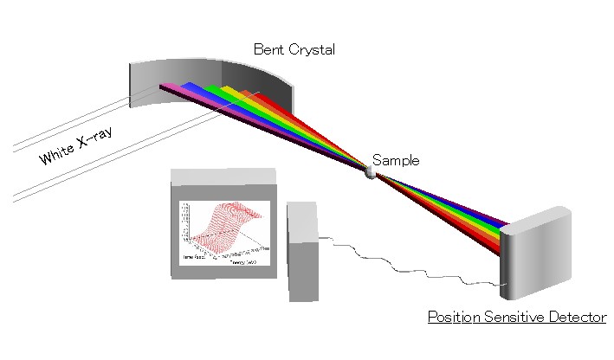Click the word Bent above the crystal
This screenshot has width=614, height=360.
[x=268, y=49]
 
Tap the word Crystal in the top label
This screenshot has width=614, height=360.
[x=310, y=49]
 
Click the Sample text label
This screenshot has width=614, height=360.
[x=396, y=160]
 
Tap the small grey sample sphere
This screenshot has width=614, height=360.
[x=372, y=171]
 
